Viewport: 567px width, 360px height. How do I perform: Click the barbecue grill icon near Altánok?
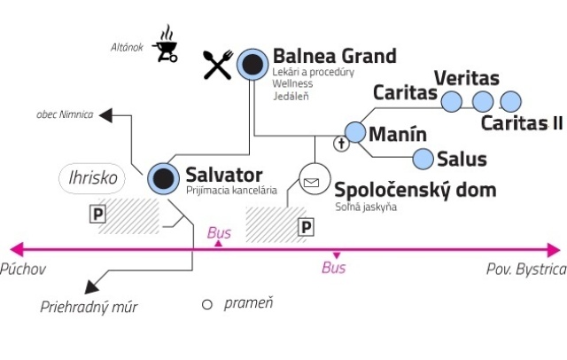pyautogui.click(x=165, y=44)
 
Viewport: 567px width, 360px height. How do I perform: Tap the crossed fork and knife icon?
pyautogui.click(x=218, y=64)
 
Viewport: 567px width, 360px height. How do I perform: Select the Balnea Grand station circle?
pyautogui.click(x=253, y=63)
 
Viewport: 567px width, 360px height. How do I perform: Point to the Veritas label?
pyautogui.click(x=467, y=79)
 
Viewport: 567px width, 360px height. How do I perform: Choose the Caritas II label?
pyautogui.click(x=522, y=122)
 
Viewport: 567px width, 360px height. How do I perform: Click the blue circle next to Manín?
pyautogui.click(x=355, y=132)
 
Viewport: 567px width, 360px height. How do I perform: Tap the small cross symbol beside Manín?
pyautogui.click(x=338, y=143)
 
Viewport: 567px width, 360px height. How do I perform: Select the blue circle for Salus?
pyautogui.click(x=423, y=159)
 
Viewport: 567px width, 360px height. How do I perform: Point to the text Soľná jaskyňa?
pyautogui.click(x=365, y=207)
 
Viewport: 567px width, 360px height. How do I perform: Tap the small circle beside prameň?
pyautogui.click(x=207, y=304)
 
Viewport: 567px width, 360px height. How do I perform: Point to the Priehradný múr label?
pyautogui.click(x=89, y=307)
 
